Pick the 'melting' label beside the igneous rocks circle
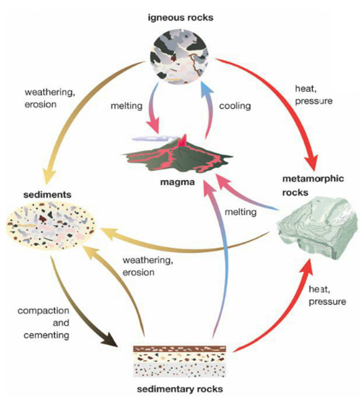127,106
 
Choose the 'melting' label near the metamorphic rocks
240,212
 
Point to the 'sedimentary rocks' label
180,389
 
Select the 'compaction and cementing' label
43,323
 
